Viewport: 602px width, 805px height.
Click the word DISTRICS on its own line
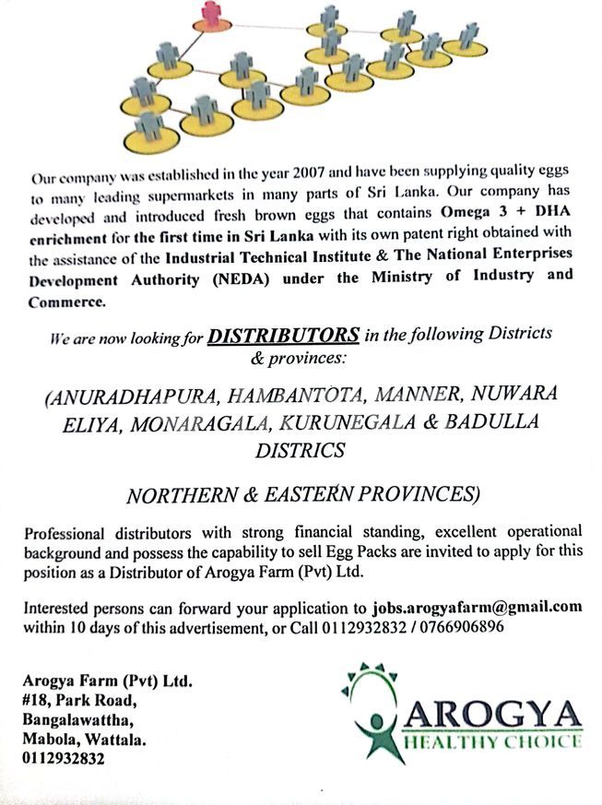(x=301, y=450)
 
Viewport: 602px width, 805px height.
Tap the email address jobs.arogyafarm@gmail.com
(x=477, y=608)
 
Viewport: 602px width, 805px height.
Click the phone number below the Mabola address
(x=65, y=759)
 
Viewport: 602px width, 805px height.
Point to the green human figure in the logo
(x=374, y=724)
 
